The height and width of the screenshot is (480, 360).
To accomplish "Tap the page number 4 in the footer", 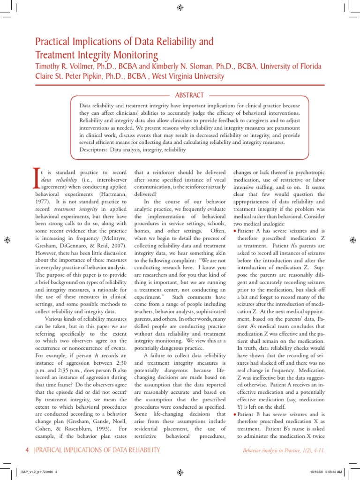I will [x=27, y=450].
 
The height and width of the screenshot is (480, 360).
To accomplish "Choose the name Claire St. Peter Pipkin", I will [x=75, y=76].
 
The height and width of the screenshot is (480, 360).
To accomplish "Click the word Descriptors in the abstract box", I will [x=93, y=150].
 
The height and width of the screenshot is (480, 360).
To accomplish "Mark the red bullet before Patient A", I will [x=235, y=231].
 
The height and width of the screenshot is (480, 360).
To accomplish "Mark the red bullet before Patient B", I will [x=235, y=415].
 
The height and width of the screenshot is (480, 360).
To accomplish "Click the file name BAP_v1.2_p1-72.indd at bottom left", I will [x=38, y=472].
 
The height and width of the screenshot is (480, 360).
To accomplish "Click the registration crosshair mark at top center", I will [x=180, y=7].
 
